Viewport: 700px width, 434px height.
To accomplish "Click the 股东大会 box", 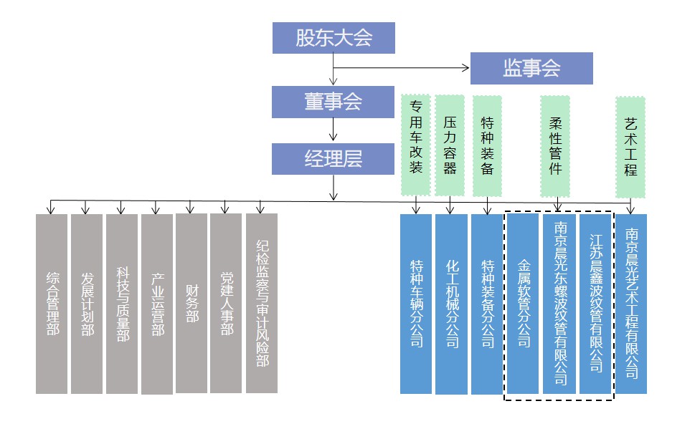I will coord(334,38).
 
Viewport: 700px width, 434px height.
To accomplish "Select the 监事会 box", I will coord(531,69).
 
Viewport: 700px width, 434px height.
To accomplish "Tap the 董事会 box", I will coord(334,102).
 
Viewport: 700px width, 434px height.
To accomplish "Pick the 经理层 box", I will coord(334,159).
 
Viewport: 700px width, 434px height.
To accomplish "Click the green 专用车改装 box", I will coord(416,146).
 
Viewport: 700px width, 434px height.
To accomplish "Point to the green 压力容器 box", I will coord(450,146).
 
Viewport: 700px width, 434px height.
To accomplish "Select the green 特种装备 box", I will coord(488,146).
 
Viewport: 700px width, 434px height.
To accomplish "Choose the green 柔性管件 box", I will coord(555,146).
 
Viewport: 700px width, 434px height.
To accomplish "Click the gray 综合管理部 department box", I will coord(52,303).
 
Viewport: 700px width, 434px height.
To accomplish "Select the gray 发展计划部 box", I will coord(87,303).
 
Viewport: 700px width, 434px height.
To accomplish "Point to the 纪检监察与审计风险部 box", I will coord(262,303).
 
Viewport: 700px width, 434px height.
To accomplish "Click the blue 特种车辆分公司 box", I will coord(416,303).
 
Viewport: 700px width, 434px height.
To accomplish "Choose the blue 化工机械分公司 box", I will coord(451,303).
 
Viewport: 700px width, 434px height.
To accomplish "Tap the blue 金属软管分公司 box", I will coord(524,303).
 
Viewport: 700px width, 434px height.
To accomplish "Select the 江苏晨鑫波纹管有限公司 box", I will coord(595,303).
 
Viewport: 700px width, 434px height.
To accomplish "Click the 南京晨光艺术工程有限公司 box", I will coord(631,303).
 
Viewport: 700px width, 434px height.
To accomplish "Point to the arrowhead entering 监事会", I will coord(466,69).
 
